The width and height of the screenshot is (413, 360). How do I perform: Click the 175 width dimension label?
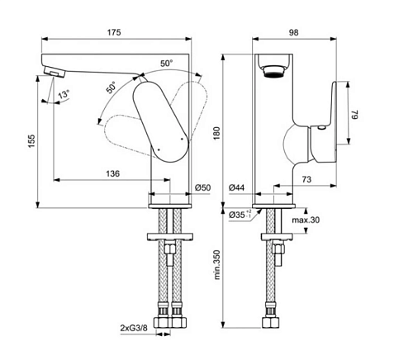(114, 32)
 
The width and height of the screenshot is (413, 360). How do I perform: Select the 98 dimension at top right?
(293, 32)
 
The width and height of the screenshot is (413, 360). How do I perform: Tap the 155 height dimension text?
(31, 141)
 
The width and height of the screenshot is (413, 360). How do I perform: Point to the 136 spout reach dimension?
(113, 173)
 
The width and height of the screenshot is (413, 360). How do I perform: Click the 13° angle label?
(64, 94)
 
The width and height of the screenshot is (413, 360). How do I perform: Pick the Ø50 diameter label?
(203, 187)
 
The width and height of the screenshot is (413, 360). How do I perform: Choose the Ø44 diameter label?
(236, 187)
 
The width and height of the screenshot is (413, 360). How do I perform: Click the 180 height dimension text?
(217, 133)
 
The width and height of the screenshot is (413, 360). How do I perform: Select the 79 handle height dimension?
(355, 114)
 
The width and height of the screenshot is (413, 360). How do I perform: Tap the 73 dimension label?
(306, 179)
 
